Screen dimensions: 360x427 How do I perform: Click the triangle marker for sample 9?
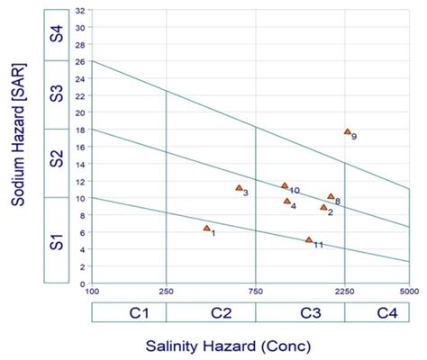click(347, 131)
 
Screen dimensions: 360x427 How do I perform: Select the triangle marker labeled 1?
click(206, 229)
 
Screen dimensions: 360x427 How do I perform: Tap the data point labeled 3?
click(239, 188)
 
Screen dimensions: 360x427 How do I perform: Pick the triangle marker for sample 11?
click(309, 240)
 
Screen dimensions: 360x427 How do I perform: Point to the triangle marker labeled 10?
click(285, 186)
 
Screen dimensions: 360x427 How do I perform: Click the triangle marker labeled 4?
click(287, 201)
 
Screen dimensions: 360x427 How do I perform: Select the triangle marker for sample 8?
click(331, 196)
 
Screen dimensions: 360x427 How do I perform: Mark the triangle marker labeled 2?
click(323, 208)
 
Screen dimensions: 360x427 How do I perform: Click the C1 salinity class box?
click(129, 312)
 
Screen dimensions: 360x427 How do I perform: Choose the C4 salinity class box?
click(377, 312)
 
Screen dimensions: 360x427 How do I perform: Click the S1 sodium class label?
click(57, 240)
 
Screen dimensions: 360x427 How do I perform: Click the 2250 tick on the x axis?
click(345, 291)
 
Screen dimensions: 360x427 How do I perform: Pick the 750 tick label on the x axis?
click(256, 291)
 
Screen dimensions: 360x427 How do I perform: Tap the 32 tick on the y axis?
click(81, 11)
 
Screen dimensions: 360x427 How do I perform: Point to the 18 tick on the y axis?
click(81, 130)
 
